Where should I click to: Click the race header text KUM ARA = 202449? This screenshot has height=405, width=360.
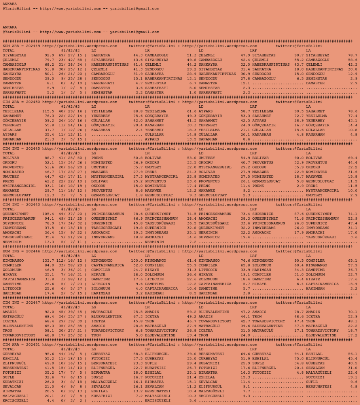coord(21,46)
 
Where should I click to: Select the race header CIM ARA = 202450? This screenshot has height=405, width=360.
coord(21,102)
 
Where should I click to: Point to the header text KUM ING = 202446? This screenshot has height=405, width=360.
coord(21,251)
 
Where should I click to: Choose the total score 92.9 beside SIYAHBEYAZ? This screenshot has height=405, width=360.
coord(49,55)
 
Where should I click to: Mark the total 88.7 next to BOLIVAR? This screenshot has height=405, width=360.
coord(49,158)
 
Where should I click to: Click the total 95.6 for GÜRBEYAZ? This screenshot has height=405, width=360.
coord(49,354)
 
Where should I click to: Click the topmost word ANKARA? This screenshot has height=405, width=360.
coord(9,4)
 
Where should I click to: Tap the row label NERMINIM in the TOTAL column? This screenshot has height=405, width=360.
coord(12,241)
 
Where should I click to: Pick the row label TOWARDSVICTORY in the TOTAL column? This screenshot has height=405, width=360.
coord(19,335)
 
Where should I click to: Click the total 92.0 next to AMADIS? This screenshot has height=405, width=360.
coord(49,312)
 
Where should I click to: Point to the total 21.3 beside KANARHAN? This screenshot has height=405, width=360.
coord(49,139)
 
